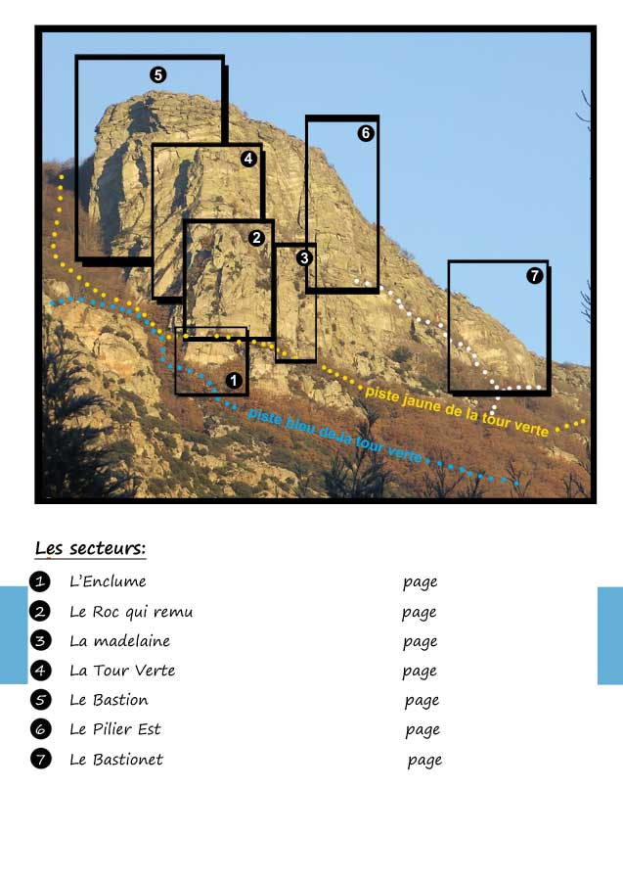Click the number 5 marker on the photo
pos(158,74)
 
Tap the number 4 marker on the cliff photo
pos(248,158)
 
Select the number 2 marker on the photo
pos(256,237)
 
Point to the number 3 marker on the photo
pos(304,257)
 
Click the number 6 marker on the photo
pos(366,133)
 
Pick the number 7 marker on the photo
pos(534,276)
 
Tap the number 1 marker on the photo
pos(233,379)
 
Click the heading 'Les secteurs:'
pos(90,548)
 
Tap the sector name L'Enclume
pos(108,581)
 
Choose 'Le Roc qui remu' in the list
pos(131,612)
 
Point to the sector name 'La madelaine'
pos(119,641)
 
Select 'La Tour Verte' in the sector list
pos(122,671)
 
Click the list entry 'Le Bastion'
pos(109,700)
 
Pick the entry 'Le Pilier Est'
pos(114,729)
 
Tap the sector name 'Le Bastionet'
pos(116,760)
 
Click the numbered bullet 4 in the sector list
pos(40,671)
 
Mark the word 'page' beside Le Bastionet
pos(424,761)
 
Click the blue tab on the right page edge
pos(609,635)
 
